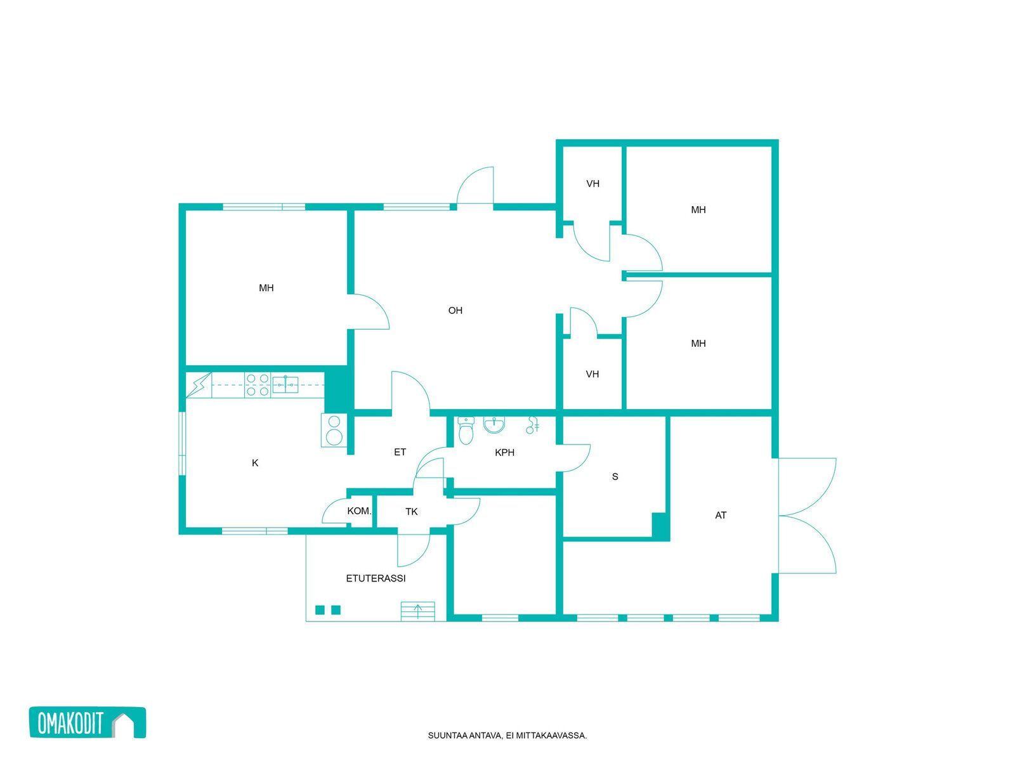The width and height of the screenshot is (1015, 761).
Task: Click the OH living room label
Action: tap(455, 311)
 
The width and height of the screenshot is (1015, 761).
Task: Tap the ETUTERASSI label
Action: tap(376, 578)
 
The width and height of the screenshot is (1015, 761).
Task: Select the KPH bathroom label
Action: tap(504, 452)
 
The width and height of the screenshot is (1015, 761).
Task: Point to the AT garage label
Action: tap(721, 515)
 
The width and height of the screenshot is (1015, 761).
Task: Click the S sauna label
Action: tap(615, 476)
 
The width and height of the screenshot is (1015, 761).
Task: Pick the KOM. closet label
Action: tap(359, 511)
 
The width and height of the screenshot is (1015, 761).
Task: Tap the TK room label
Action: tap(412, 512)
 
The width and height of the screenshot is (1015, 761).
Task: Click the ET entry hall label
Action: tap(400, 452)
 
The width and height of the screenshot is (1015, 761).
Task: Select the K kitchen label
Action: tap(255, 463)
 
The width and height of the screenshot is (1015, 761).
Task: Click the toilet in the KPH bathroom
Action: tap(466, 430)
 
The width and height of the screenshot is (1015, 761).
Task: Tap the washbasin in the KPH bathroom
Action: tap(494, 425)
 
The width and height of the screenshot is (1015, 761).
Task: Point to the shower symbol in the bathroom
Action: tap(532, 425)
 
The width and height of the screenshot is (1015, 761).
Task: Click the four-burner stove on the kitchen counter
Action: tap(258, 385)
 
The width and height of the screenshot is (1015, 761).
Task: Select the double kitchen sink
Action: tap(285, 384)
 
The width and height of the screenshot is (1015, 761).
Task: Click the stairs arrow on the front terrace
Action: tap(418, 611)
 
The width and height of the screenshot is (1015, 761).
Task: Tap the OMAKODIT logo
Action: tap(88, 723)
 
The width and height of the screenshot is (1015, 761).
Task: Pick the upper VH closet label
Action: tap(593, 183)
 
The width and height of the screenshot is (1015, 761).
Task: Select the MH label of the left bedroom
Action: tap(266, 288)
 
